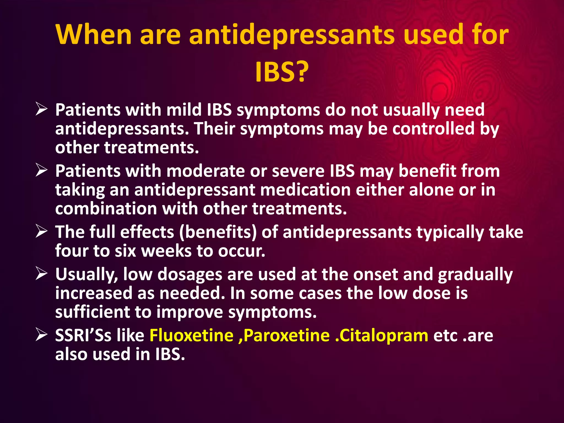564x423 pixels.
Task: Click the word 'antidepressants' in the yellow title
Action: point(292,35)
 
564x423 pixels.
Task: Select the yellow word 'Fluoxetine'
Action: point(191,335)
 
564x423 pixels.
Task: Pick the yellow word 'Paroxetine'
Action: point(286,335)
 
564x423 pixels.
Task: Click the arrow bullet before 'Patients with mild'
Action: point(42,109)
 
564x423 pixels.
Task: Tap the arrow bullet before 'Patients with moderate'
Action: point(42,170)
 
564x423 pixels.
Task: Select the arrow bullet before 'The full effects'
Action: point(42,232)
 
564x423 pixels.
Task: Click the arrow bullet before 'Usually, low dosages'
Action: point(42,274)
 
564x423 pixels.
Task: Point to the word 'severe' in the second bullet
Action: point(298,171)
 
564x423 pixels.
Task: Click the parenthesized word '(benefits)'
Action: point(218,232)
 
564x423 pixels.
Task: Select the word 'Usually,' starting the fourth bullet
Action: point(86,275)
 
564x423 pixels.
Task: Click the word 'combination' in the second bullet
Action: point(106,208)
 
